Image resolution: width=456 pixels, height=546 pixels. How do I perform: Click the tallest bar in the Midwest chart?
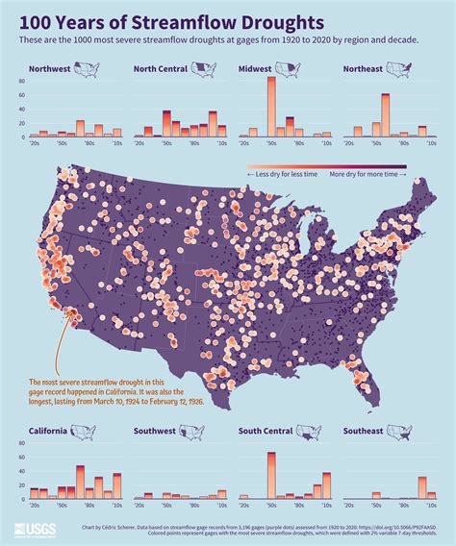coord(271,107)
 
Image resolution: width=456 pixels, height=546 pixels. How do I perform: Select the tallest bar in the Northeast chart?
coord(386,115)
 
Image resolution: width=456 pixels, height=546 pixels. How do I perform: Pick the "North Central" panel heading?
coord(160,69)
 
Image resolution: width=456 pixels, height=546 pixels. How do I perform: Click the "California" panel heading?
coord(48,431)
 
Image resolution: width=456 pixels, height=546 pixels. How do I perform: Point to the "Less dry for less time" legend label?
coord(286,174)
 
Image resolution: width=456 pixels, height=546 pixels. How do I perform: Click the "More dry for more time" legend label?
coord(367,174)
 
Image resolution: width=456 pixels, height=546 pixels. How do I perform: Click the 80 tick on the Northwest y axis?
coord(20,82)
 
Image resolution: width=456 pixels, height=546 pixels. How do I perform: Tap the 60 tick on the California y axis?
coord(20,457)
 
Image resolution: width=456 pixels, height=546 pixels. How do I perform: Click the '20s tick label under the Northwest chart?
coord(34,142)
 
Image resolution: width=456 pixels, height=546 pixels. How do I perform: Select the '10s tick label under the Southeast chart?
coord(431,504)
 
